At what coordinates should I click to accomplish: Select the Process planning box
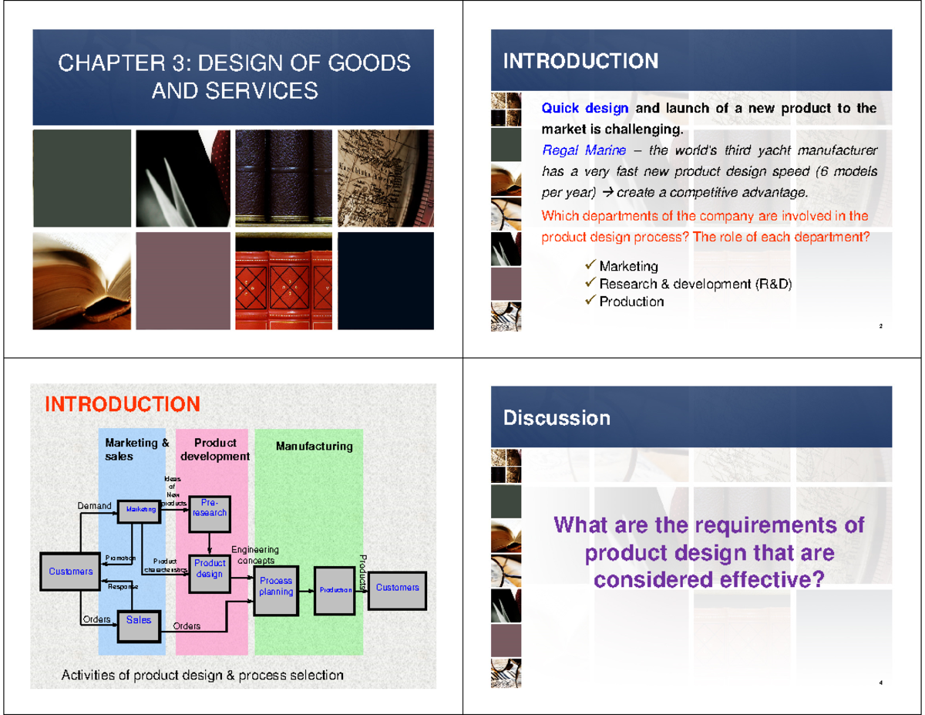(276, 587)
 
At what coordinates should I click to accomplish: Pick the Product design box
(209, 570)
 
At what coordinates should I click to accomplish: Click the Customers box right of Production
(397, 588)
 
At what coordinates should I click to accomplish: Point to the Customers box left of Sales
(70, 572)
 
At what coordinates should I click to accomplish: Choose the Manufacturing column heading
(314, 447)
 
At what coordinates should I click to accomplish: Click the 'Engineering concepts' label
(254, 555)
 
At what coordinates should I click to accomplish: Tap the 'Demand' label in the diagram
(95, 506)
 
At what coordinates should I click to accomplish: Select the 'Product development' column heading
(215, 450)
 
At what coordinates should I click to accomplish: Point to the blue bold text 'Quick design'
(585, 109)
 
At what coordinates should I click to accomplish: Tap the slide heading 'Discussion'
(557, 419)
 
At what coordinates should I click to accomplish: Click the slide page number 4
(880, 684)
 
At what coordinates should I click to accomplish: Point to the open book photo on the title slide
(82, 281)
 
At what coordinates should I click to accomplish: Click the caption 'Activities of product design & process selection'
(203, 676)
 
